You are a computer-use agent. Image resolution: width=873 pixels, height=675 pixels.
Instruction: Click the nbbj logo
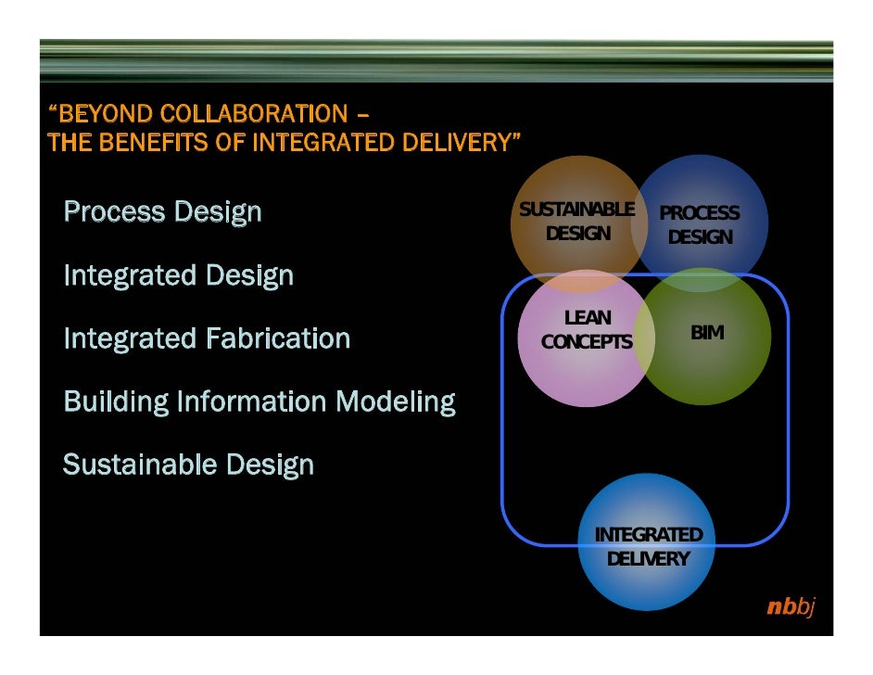pyautogui.click(x=790, y=608)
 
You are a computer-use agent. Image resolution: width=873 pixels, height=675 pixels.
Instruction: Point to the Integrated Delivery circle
pyautogui.click(x=648, y=547)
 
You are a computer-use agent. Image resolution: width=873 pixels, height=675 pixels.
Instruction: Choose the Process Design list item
pyautogui.click(x=162, y=212)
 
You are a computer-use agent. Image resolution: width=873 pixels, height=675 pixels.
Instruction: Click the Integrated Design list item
pyautogui.click(x=178, y=275)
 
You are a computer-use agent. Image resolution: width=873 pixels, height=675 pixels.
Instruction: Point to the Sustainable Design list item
pyautogui.click(x=188, y=465)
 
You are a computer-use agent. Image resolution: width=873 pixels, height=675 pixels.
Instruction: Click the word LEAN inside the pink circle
pyautogui.click(x=588, y=319)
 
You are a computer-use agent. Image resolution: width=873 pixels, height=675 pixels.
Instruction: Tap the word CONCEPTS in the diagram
pyautogui.click(x=587, y=342)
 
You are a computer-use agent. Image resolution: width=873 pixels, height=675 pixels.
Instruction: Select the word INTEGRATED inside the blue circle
pyautogui.click(x=648, y=535)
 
